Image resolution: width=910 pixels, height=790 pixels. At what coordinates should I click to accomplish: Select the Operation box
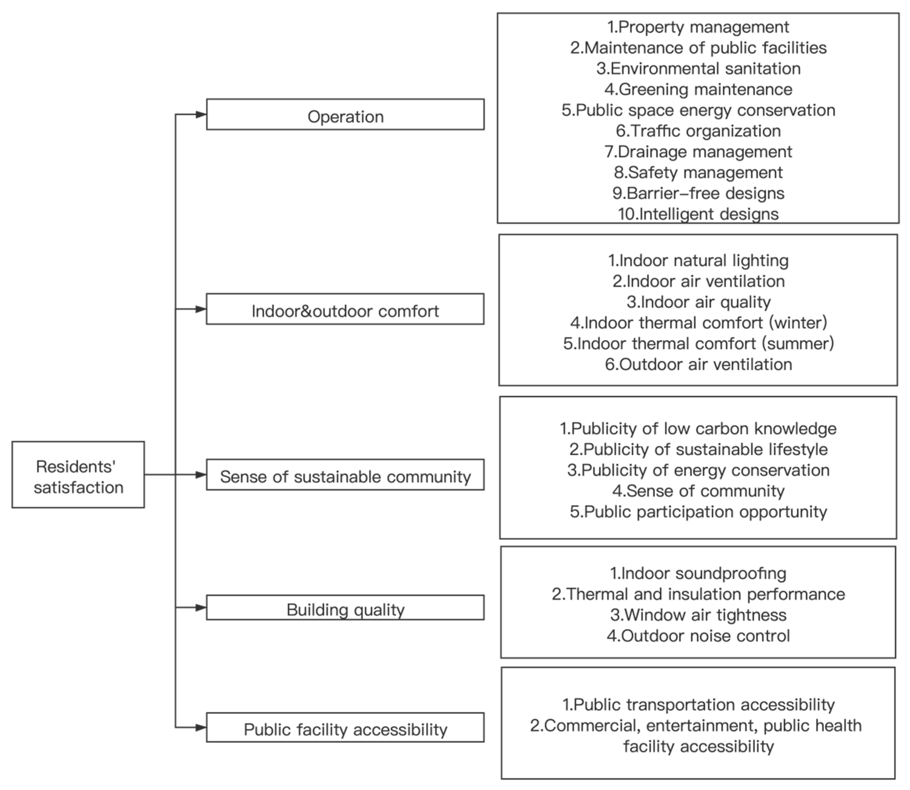point(345,115)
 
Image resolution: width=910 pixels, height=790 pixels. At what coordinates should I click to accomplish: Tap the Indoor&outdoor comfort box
point(345,309)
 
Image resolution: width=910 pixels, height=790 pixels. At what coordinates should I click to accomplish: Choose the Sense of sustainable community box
point(345,475)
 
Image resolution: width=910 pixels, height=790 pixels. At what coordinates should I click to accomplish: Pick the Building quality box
point(345,607)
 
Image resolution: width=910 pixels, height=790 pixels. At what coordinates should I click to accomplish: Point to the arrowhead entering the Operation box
point(201,115)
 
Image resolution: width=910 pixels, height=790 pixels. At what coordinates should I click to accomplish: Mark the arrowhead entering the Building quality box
point(201,607)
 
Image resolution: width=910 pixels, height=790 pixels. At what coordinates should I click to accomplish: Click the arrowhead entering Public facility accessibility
point(201,728)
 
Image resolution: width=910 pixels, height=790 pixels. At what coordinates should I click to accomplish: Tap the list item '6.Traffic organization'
point(698,131)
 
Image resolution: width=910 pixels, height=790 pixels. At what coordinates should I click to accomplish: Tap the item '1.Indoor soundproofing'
point(698,573)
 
